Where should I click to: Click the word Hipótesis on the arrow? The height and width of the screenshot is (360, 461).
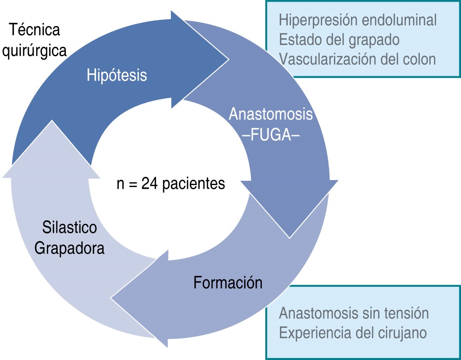tap(117, 75)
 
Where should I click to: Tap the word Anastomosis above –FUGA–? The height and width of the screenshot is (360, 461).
tap(271, 114)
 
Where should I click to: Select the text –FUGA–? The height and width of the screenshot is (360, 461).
tap(271, 135)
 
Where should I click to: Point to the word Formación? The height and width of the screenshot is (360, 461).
tap(228, 283)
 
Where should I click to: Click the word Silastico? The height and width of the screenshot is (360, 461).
tap(70, 227)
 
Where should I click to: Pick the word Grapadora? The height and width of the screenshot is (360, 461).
tap(70, 249)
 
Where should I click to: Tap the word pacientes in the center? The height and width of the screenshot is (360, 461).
tap(194, 184)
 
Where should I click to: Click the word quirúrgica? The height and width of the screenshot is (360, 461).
tap(34, 50)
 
